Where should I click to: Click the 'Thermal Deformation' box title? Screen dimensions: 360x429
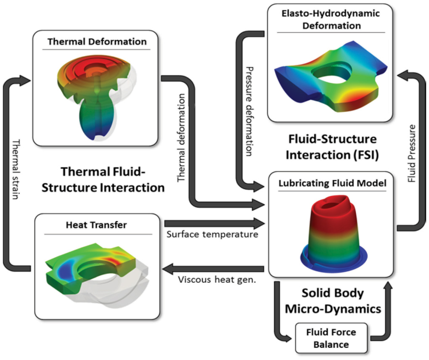point(97,42)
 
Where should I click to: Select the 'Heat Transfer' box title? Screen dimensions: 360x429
point(96,225)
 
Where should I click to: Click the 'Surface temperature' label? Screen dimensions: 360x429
point(212,234)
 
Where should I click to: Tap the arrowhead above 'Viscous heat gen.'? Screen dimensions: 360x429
point(170,267)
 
